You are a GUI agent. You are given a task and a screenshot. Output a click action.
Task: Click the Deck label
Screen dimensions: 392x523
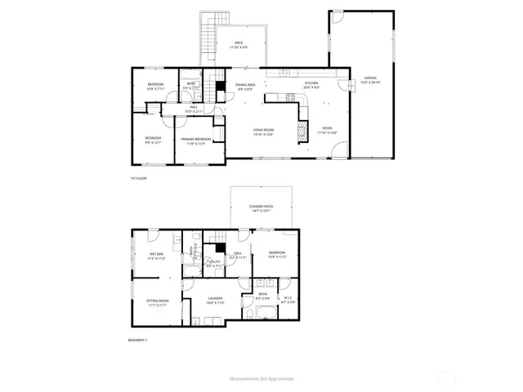click(239, 44)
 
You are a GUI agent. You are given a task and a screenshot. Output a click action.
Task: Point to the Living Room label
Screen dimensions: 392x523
click(262, 131)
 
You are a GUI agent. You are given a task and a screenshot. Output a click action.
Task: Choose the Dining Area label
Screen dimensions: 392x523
click(245, 86)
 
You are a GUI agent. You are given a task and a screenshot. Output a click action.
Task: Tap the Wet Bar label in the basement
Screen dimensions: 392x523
click(155, 256)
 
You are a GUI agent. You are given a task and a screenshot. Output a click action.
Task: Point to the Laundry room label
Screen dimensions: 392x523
click(215, 301)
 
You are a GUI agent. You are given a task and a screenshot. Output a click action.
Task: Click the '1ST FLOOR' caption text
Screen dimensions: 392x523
click(137, 178)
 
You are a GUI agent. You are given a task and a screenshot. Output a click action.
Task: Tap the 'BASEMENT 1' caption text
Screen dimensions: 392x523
click(140, 340)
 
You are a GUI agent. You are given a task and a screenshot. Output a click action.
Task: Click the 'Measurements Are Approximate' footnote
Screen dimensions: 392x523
click(261, 379)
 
